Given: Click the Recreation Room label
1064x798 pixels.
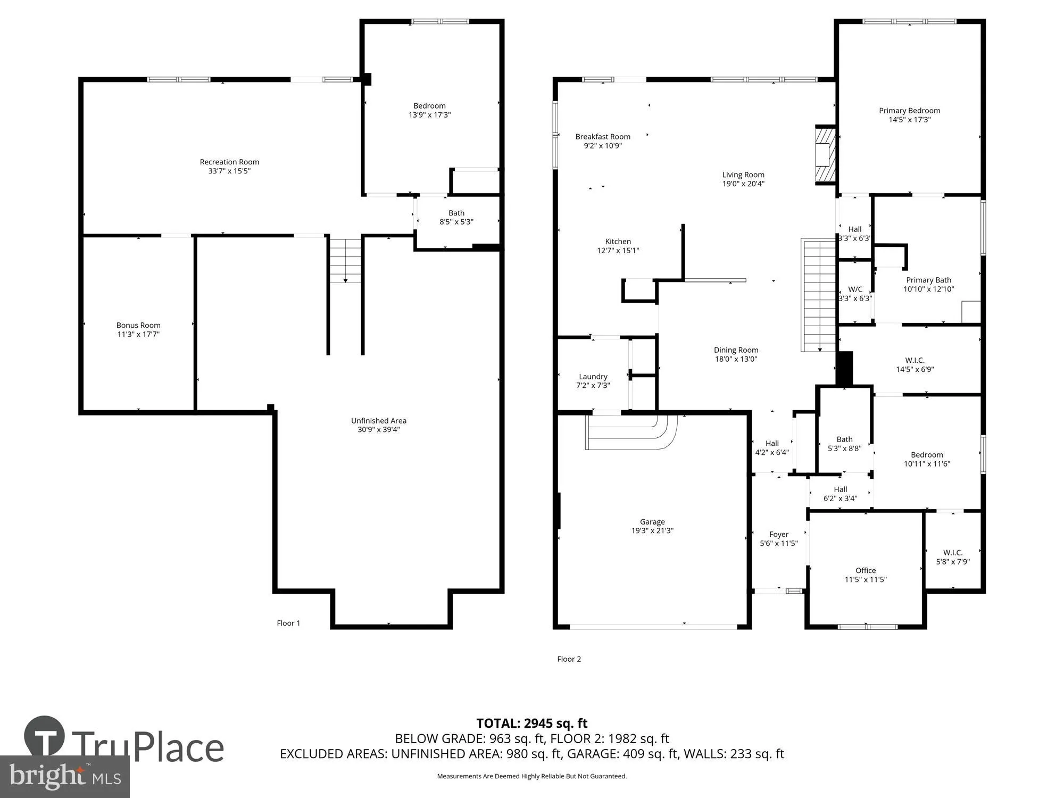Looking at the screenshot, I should (229, 162).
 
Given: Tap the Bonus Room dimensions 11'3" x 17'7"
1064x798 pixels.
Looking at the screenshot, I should (138, 334).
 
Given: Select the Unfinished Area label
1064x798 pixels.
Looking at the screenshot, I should (378, 420).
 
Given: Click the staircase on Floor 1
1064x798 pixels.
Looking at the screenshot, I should (345, 261).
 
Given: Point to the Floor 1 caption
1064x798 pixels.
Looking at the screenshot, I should (288, 623).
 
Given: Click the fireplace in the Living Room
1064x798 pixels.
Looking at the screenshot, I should (825, 155).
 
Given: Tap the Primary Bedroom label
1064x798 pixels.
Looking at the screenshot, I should (909, 111).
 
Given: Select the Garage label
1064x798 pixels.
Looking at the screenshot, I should (652, 522).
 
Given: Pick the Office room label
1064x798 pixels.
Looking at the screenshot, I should (866, 570).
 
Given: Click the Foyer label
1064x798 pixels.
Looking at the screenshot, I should (778, 534).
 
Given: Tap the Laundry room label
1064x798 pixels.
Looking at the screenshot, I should (593, 376).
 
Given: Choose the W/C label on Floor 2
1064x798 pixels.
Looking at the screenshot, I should (855, 289).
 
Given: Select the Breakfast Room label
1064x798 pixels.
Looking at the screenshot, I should (603, 137).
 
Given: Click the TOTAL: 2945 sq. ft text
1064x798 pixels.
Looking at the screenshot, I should (531, 723).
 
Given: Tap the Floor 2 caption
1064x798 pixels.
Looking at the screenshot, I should (569, 659).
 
